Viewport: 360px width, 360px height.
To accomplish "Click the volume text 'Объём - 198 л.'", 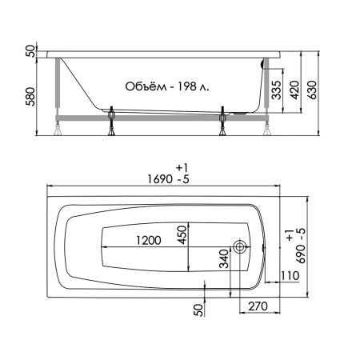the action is click(167, 86).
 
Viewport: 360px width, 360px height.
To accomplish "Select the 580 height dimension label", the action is click(31, 97).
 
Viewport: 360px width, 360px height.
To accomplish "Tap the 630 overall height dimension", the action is click(312, 90).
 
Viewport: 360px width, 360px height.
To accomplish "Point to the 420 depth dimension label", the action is click(294, 90).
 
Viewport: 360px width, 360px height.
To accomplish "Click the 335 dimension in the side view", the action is click(277, 90).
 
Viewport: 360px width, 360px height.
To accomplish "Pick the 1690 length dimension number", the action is click(160, 179).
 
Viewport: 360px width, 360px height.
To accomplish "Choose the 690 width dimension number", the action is click(301, 254).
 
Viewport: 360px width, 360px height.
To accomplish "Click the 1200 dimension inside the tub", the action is click(149, 240).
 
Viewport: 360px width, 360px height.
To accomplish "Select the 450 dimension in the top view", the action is click(182, 234).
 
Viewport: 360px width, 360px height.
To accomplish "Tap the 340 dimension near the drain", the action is click(224, 258).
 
